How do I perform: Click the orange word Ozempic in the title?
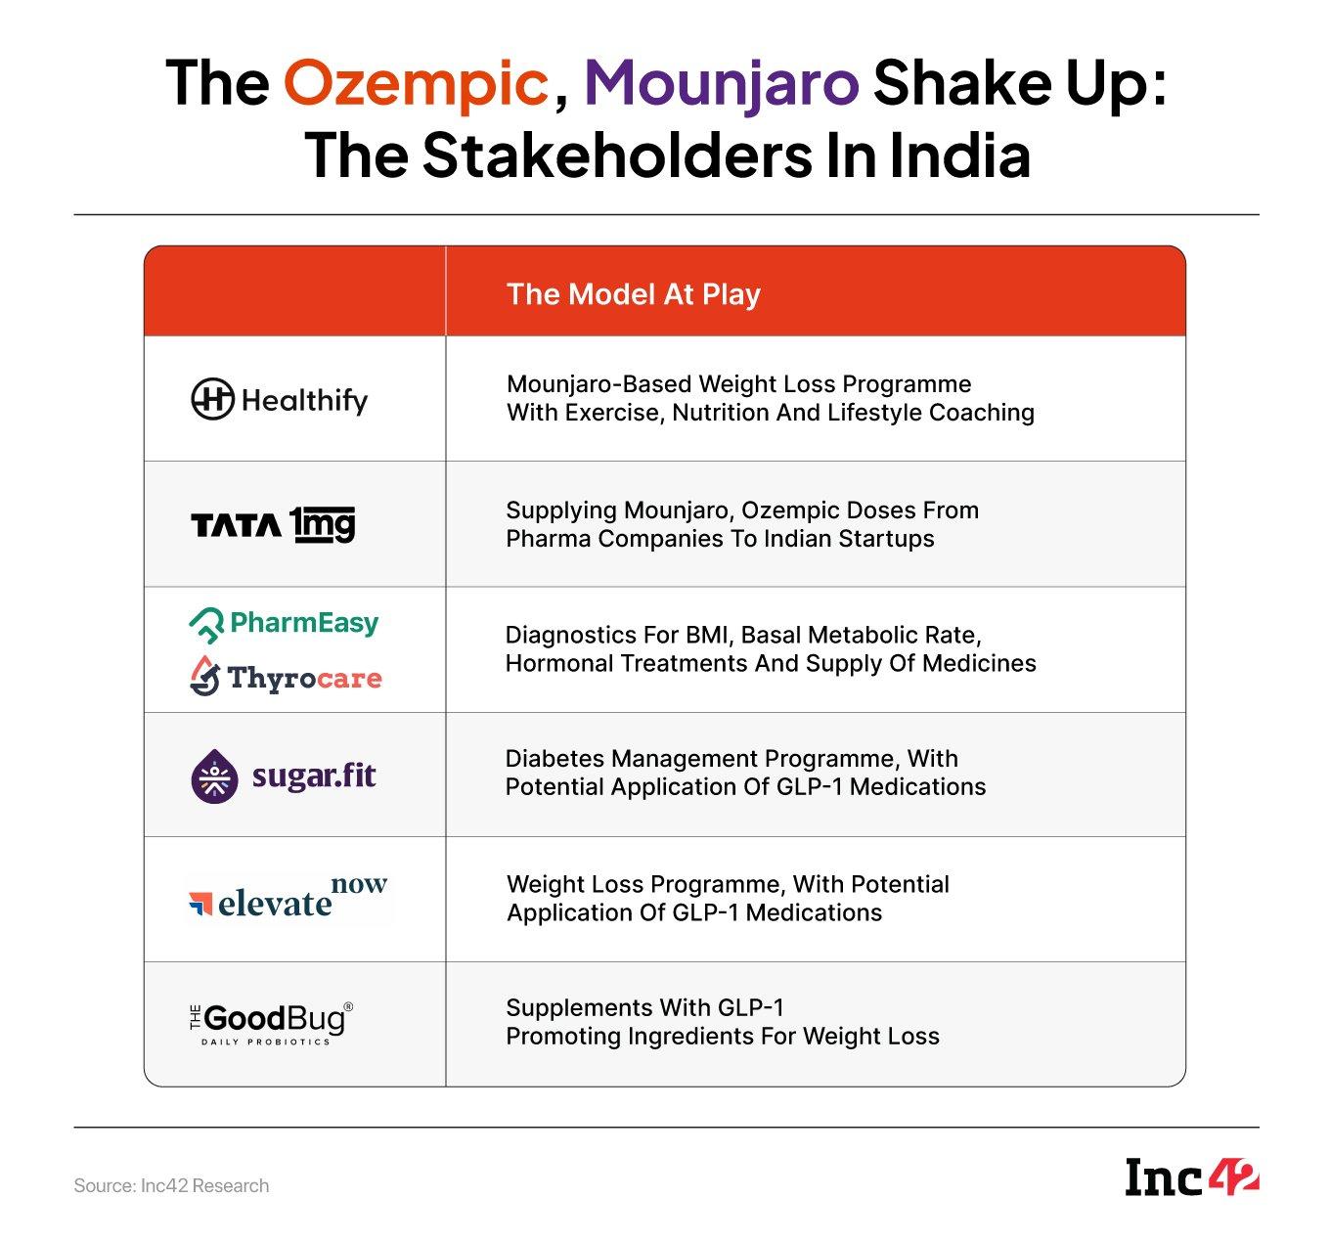416,84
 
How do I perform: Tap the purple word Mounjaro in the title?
722,84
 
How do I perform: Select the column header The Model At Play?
633,294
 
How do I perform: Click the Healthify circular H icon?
212,399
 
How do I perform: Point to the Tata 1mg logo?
273,524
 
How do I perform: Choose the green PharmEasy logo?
284,624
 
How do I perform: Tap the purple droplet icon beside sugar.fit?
214,776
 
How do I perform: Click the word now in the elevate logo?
359,884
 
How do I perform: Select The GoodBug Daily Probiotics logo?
271,1024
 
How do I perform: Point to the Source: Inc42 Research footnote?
171,1185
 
